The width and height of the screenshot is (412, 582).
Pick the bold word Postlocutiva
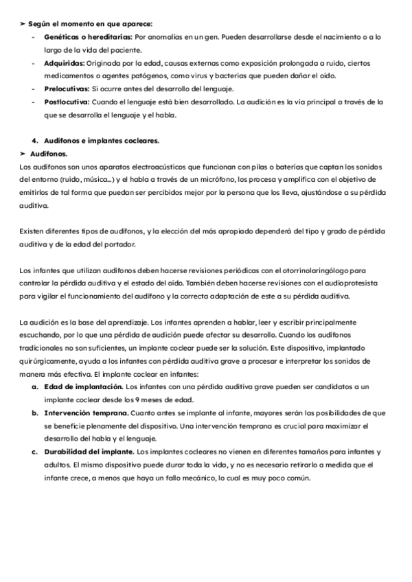66,102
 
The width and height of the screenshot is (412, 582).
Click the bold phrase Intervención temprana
86,413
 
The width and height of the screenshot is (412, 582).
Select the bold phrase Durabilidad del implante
89,452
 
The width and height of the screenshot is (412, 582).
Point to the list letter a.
34,387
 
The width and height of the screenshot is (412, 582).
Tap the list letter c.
34,452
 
